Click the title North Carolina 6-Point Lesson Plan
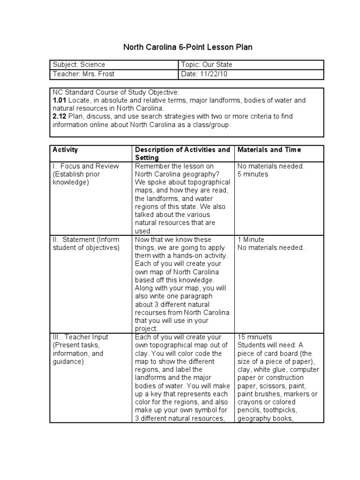point(187,47)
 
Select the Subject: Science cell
point(79,65)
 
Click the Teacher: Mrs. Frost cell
point(83,75)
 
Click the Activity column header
point(65,150)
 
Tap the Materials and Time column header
point(269,150)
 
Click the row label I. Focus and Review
point(86,166)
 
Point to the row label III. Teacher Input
point(80,337)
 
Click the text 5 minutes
point(253,174)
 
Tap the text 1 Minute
point(251,240)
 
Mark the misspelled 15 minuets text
point(255,337)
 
